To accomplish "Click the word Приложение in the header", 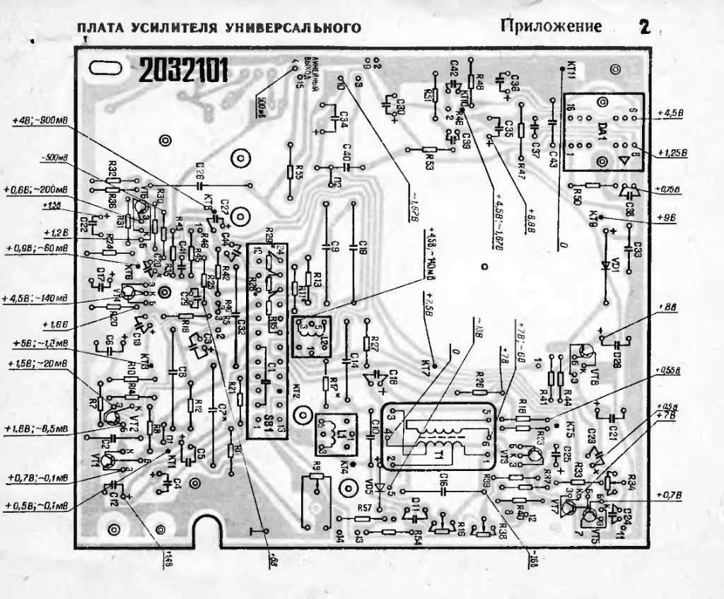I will [551, 27].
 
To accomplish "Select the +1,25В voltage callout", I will [671, 153].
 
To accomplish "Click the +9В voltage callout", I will [666, 217].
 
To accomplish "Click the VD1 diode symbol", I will [605, 264].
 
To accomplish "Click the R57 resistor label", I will [364, 509].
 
